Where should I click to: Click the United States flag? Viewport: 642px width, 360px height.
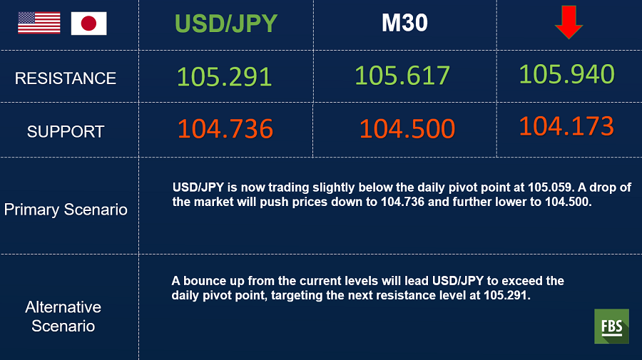(39, 23)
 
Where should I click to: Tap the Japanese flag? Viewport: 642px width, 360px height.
(89, 24)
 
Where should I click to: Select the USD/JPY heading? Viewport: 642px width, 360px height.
(226, 24)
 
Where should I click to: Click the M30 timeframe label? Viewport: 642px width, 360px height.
(404, 23)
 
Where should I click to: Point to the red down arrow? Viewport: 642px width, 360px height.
(569, 22)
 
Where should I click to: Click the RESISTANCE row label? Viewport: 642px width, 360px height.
(66, 78)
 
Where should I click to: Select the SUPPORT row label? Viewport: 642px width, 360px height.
(66, 132)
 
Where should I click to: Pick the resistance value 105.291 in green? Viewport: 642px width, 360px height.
(225, 76)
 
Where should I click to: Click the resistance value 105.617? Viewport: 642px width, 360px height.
(402, 76)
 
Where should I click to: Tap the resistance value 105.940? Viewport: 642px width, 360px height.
(566, 74)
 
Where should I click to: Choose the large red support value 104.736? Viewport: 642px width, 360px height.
(225, 128)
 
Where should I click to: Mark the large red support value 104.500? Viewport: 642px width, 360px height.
(407, 128)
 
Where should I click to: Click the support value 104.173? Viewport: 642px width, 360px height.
(566, 125)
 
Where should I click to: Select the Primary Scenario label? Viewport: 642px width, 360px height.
(66, 210)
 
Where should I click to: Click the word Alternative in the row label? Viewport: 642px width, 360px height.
(63, 307)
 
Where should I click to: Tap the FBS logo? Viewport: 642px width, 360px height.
(612, 326)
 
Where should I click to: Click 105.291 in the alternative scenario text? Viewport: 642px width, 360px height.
(507, 295)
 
